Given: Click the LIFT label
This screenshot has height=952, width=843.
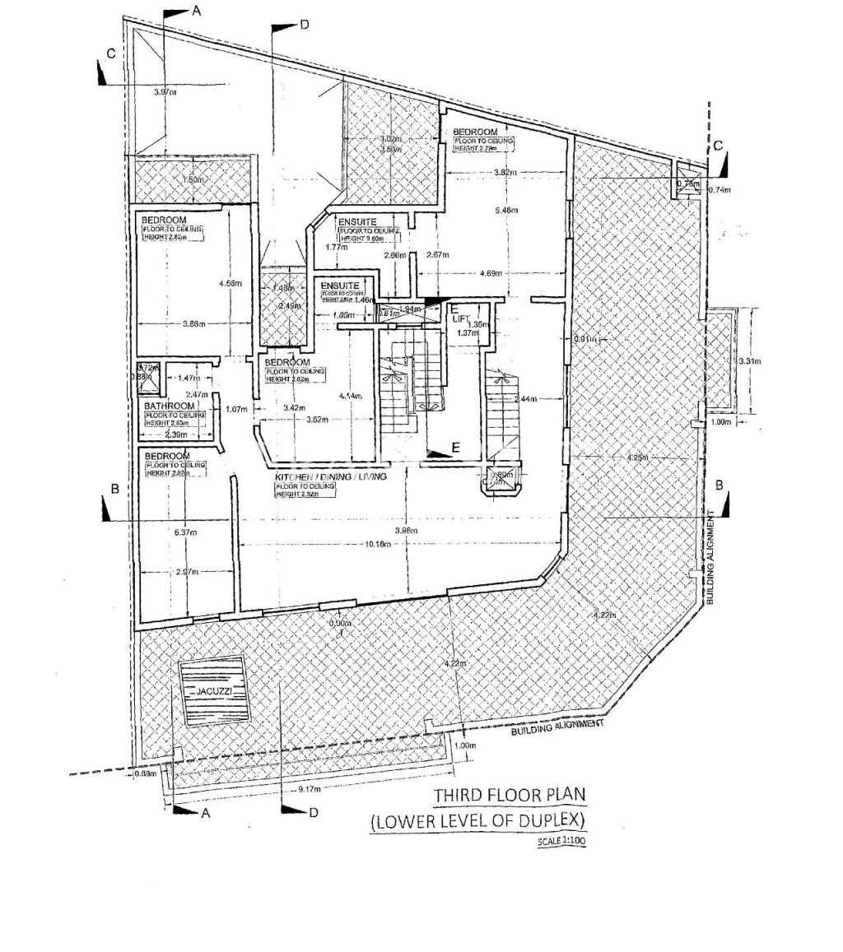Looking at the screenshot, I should coord(460,317).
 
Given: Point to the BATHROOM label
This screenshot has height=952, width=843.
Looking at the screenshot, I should coord(170,406).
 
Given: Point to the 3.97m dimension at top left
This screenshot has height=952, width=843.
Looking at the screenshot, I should coord(165,93).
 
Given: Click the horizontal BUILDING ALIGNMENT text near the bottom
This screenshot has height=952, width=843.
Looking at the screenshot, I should coord(558,727).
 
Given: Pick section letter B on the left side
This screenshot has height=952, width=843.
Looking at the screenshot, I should coord(115,489).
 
